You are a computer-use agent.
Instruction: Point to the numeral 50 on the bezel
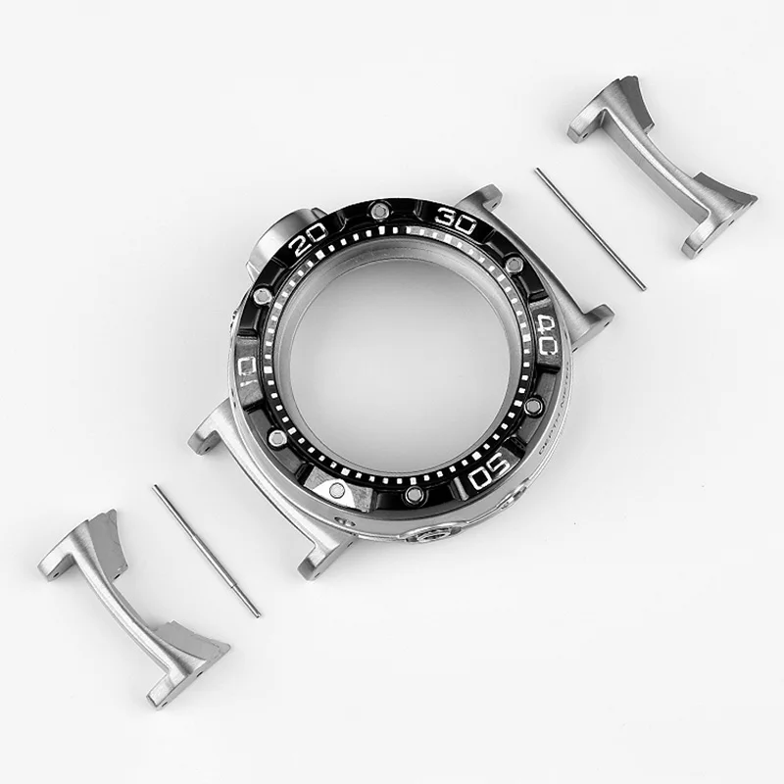coord(487,475)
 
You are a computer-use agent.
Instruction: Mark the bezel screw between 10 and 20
coord(262,295)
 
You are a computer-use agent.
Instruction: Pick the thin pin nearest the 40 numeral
coord(589,229)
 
